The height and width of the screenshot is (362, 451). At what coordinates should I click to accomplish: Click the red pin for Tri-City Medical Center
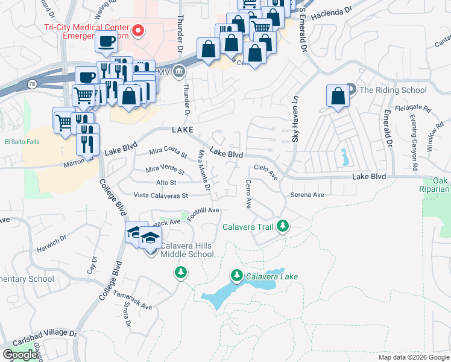[138, 30]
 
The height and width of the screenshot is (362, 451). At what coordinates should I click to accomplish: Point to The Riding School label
[393, 91]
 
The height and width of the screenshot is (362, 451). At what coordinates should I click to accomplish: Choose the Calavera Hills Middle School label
[187, 250]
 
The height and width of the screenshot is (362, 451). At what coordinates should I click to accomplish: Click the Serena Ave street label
[307, 195]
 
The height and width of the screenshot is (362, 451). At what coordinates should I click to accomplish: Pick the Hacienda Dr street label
[332, 11]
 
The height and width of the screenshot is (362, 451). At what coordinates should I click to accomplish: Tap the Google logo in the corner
[20, 355]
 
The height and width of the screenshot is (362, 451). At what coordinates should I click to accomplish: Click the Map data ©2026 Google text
[413, 357]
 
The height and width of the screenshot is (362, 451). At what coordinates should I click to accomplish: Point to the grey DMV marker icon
[179, 72]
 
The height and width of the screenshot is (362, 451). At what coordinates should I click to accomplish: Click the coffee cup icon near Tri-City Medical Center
[107, 42]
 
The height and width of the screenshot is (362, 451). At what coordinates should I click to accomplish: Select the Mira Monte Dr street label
[204, 172]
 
